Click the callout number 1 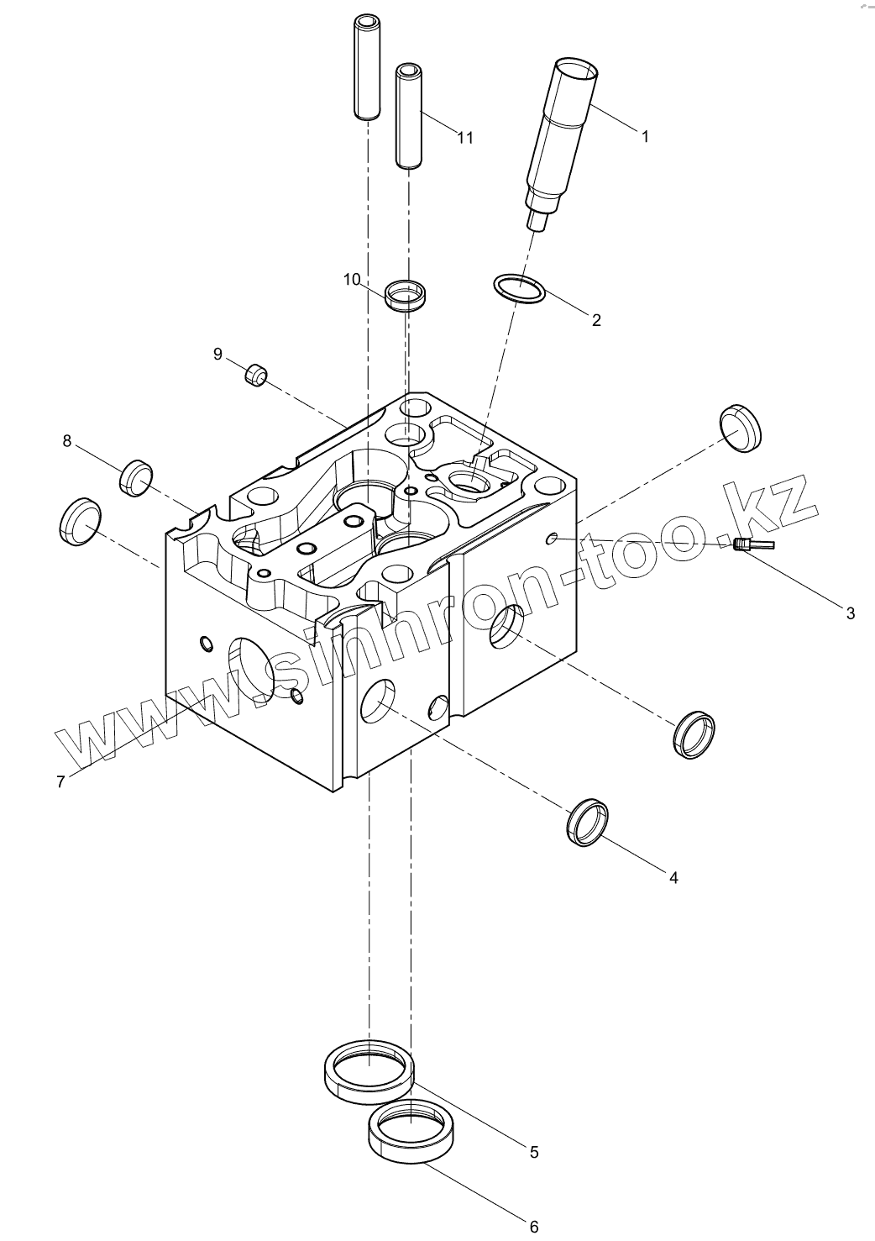pyautogui.click(x=645, y=136)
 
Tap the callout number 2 pyautogui.click(x=596, y=320)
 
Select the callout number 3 pyautogui.click(x=850, y=613)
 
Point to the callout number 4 pyautogui.click(x=673, y=878)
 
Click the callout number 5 pyautogui.click(x=534, y=1152)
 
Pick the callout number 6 pyautogui.click(x=534, y=1227)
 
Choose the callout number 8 pyautogui.click(x=67, y=441)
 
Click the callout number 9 pyautogui.click(x=217, y=355)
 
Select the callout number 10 pyautogui.click(x=351, y=279)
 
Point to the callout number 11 pyautogui.click(x=465, y=138)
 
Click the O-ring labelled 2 pyautogui.click(x=519, y=290)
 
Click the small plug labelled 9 pyautogui.click(x=256, y=375)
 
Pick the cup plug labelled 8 pyautogui.click(x=136, y=478)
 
